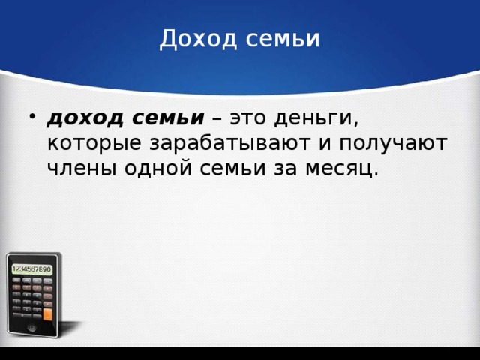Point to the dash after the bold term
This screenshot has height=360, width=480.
(x=217, y=118)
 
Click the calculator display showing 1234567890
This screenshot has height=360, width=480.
(x=31, y=268)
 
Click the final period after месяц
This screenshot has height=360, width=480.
(x=376, y=174)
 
